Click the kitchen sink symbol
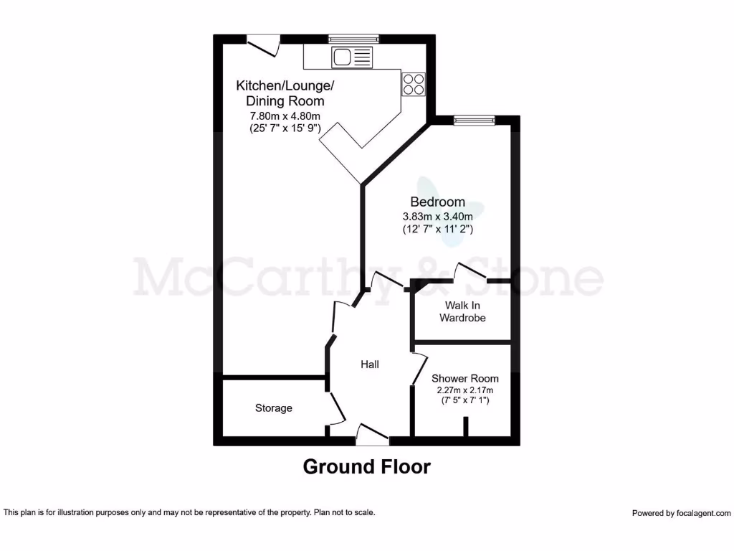(352, 56)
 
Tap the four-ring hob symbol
(414, 84)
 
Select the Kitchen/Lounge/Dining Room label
(285, 93)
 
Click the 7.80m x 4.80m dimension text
(284, 116)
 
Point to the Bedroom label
(437, 202)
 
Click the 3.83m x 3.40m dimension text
(437, 217)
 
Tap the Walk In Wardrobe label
(462, 311)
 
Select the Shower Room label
(464, 378)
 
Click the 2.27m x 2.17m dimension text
(464, 390)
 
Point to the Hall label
(370, 364)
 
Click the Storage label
(274, 408)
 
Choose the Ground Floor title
(367, 466)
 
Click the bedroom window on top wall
(474, 120)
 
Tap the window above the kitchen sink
(353, 39)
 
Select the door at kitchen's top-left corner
(263, 44)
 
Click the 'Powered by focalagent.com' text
(681, 513)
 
